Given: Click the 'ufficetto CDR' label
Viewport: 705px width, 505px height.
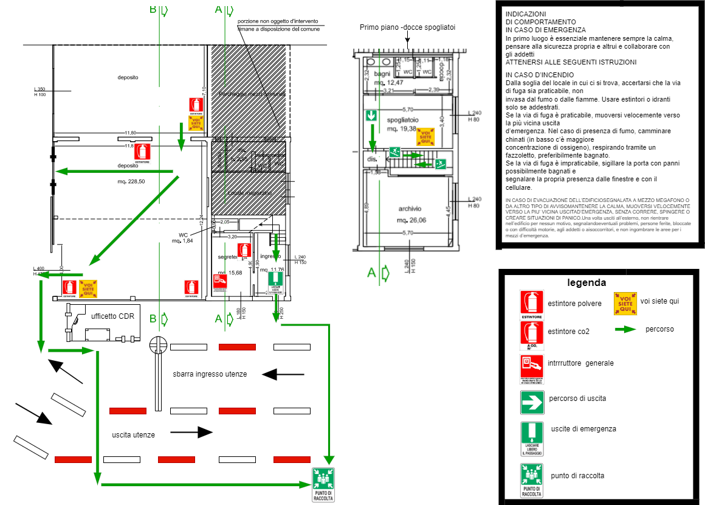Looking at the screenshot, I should tap(112, 316).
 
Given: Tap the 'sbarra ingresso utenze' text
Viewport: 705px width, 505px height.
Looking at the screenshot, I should tap(210, 374).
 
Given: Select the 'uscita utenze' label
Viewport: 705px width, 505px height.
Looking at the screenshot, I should tap(133, 435).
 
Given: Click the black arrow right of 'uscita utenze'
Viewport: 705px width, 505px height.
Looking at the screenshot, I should tap(191, 432).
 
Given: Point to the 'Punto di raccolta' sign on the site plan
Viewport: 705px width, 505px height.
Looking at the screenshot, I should tap(323, 485).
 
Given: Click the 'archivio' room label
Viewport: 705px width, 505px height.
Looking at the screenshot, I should tap(410, 209).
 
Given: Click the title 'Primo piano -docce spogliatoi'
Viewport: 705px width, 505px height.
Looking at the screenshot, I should tap(407, 27).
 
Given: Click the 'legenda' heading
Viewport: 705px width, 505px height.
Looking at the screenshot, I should tap(586, 282).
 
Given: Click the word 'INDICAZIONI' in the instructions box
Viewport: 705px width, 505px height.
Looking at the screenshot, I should tap(526, 14).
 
